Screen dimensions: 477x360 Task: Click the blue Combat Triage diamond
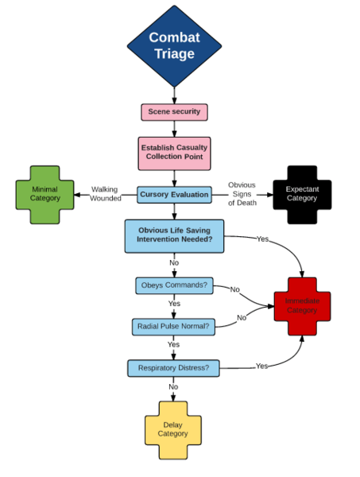(174, 45)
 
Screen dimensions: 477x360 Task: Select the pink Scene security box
(174, 112)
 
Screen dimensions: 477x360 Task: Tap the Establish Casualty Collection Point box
(173, 152)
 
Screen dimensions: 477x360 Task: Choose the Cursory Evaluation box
(174, 194)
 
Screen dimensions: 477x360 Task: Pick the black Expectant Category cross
(301, 194)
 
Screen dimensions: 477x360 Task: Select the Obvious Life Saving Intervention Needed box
(173, 235)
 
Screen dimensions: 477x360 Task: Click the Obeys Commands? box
(173, 285)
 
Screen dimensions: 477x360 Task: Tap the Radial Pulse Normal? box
(173, 326)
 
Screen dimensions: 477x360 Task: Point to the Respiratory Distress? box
(173, 368)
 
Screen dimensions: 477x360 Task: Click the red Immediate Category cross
(302, 305)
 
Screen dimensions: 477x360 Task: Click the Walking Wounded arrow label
(104, 194)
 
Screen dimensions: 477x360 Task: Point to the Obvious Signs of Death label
(242, 194)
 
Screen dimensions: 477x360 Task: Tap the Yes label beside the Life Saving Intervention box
(262, 238)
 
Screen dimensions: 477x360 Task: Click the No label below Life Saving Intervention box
(173, 262)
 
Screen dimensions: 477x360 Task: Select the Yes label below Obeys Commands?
(173, 304)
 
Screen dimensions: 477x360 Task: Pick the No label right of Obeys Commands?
(234, 289)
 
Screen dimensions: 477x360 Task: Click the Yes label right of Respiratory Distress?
(261, 366)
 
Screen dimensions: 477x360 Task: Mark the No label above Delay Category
(173, 387)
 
